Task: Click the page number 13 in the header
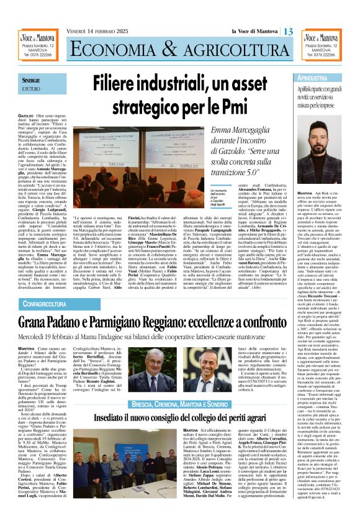288,31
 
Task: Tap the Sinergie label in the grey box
32,81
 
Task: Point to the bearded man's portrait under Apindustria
331,156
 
